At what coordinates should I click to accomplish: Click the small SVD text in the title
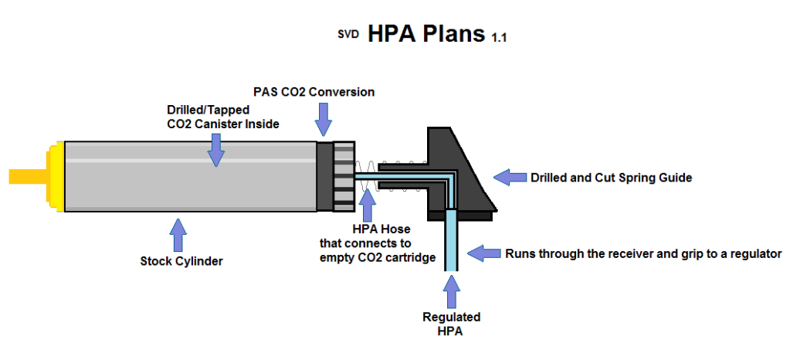[x=349, y=34]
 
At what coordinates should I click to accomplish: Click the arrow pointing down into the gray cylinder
[x=216, y=150]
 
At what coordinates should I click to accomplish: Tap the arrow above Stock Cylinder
[x=178, y=233]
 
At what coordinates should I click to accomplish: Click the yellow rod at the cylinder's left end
[x=27, y=176]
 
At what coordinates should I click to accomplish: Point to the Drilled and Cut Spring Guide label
[x=611, y=177]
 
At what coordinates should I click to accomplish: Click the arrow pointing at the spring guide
[x=510, y=177]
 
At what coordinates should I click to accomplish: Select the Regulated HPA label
[x=452, y=324]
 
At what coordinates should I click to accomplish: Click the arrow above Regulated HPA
[x=452, y=292]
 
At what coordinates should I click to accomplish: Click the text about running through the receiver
[x=643, y=253]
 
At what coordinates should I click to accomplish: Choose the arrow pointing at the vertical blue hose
[x=485, y=253]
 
